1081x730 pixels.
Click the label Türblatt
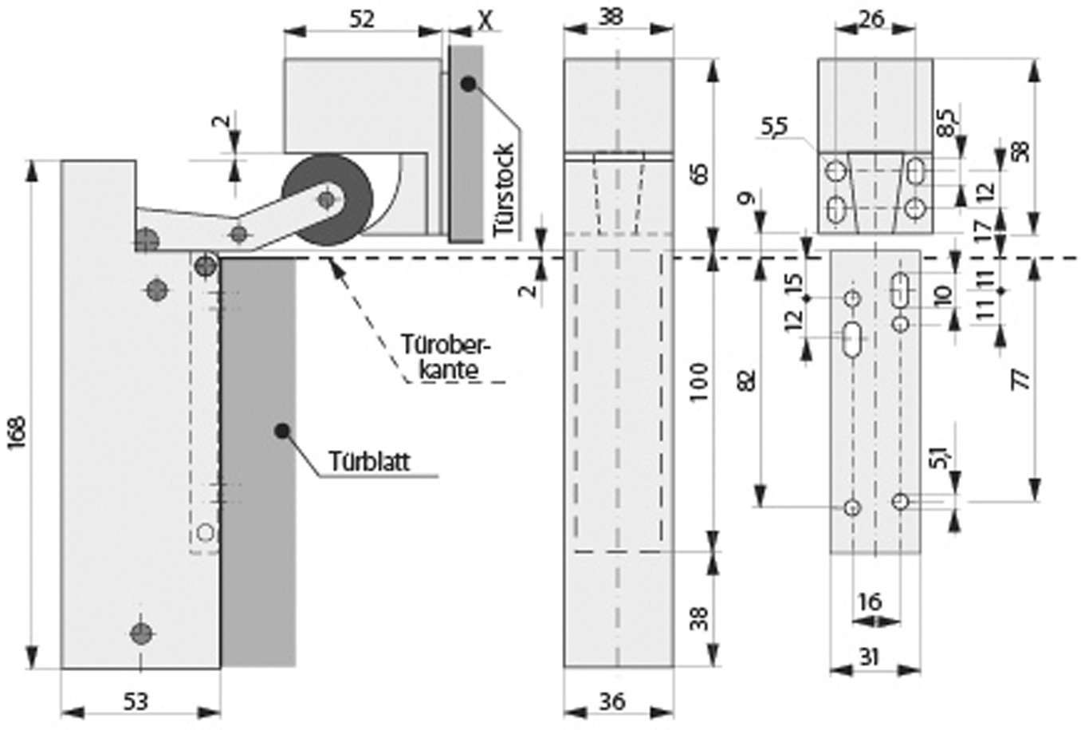click(x=369, y=461)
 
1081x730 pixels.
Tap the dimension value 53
click(x=136, y=701)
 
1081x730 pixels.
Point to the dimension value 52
click(x=362, y=19)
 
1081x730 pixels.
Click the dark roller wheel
click(x=327, y=199)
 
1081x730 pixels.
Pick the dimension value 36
click(x=612, y=701)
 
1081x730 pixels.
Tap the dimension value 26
click(x=872, y=18)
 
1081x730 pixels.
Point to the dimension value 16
click(x=871, y=601)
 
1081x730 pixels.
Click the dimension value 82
click(x=746, y=380)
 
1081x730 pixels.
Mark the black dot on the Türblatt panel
click(x=281, y=431)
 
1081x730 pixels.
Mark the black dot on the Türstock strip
click(x=467, y=83)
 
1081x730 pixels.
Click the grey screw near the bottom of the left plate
click(x=141, y=633)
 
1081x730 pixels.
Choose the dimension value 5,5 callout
click(x=773, y=126)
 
